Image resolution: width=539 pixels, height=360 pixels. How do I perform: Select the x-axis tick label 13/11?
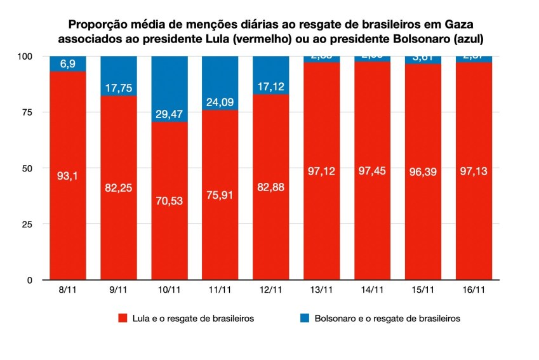point(322,290)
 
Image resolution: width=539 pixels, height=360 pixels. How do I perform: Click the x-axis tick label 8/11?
point(68,290)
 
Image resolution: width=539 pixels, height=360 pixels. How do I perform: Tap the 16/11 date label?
point(474,290)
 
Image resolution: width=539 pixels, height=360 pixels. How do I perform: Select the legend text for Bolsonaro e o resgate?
point(387,318)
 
